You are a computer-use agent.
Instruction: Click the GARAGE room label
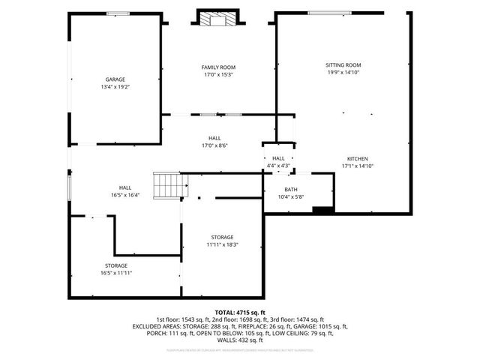pyautogui.click(x=115, y=79)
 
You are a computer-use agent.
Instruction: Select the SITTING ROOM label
pyautogui.click(x=343, y=65)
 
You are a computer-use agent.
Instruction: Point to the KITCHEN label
pyautogui.click(x=357, y=158)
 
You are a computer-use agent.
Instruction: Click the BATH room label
pyautogui.click(x=290, y=189)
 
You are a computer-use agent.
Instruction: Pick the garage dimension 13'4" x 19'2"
pyautogui.click(x=115, y=86)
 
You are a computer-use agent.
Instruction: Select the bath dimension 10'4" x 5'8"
pyautogui.click(x=290, y=196)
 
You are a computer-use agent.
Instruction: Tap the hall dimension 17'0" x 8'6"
pyautogui.click(x=214, y=145)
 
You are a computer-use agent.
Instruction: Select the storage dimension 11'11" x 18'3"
pyautogui.click(x=222, y=244)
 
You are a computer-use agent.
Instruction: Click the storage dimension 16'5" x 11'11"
pyautogui.click(x=116, y=273)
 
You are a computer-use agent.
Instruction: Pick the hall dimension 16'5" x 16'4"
pyautogui.click(x=125, y=195)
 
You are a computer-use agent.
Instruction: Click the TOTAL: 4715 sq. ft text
pyautogui.click(x=240, y=312)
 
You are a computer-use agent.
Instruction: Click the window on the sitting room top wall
pyautogui.click(x=333, y=12)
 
